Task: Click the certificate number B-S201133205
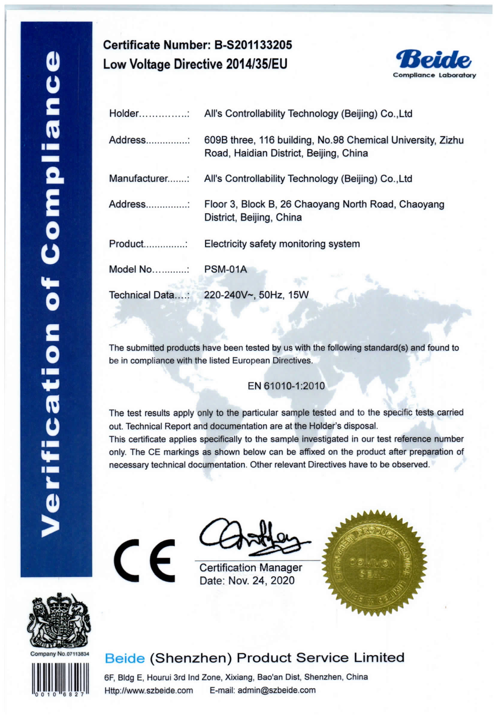253,45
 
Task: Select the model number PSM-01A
226,269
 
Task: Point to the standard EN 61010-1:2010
286,386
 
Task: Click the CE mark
144,561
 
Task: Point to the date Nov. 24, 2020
261,581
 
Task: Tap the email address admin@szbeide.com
277,690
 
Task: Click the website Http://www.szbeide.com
149,690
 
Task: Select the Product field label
126,244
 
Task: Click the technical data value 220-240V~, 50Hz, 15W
256,295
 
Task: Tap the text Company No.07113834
60,654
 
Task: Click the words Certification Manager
251,568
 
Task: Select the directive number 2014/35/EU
257,64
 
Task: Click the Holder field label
123,113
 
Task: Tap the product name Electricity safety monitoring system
282,244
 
